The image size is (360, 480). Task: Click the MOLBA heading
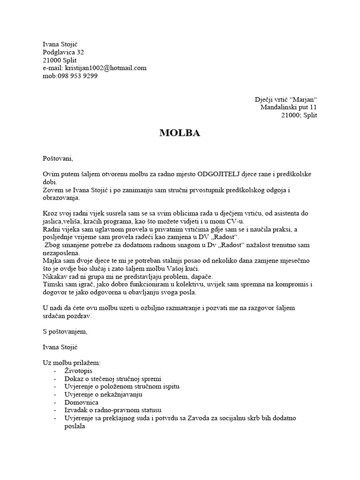[x=180, y=133]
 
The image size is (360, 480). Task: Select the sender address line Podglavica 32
[x=64, y=52]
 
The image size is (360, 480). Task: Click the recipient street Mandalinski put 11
[x=289, y=107]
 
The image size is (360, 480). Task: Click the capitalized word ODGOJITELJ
[x=222, y=174]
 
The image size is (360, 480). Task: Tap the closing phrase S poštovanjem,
[x=65, y=331]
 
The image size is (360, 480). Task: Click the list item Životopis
[x=79, y=371]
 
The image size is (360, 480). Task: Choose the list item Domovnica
[x=82, y=402]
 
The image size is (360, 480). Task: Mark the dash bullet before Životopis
[x=55, y=371]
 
